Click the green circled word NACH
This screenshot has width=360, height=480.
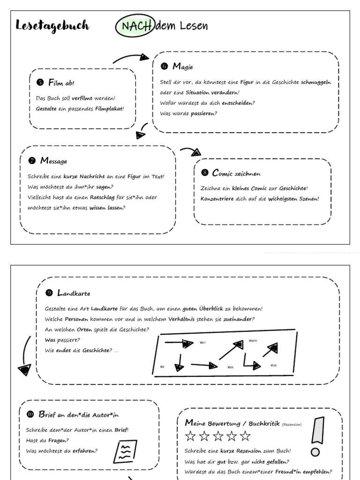tap(134, 26)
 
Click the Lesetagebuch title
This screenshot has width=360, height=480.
tap(52, 26)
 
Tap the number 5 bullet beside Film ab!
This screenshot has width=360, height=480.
tap(40, 82)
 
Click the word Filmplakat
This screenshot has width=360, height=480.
tap(109, 109)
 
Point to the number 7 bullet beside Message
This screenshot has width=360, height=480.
tap(32, 161)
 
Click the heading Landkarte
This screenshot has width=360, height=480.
tap(74, 293)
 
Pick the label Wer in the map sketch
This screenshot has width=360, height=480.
tap(203, 343)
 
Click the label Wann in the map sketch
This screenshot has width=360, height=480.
tap(253, 340)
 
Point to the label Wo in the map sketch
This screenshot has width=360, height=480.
tap(163, 367)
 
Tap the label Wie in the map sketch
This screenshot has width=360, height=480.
tap(274, 365)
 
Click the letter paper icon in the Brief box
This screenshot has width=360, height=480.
tap(126, 452)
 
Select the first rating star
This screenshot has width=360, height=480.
tap(190, 436)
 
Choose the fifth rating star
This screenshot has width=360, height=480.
tap(245, 436)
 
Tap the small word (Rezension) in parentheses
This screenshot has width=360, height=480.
tap(292, 424)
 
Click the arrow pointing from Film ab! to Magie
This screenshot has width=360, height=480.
tap(131, 58)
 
